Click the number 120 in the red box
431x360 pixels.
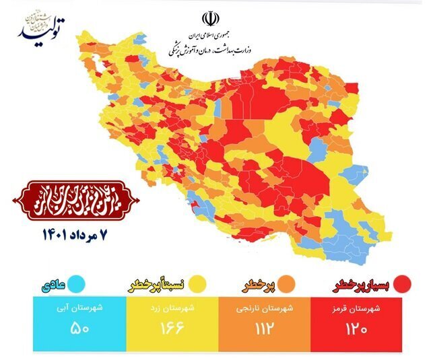point(356,330)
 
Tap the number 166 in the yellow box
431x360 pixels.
point(172,330)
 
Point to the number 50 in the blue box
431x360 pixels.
point(79,330)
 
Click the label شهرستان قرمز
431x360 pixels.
point(356,308)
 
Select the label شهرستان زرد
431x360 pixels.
point(172,308)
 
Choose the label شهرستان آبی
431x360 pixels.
point(79,308)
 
